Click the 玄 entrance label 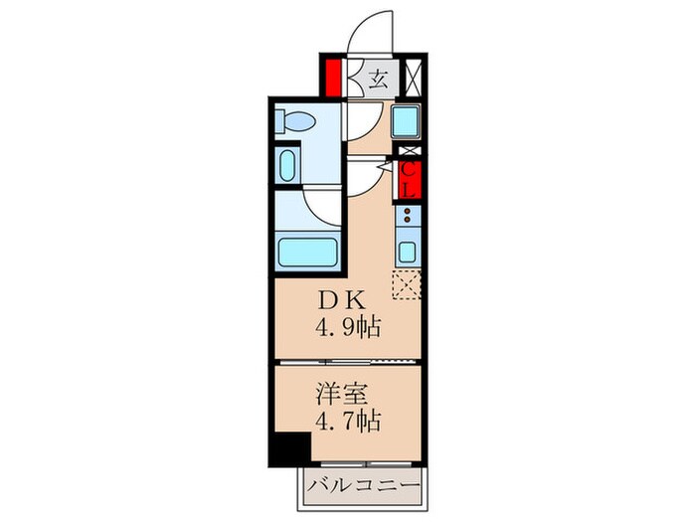378,81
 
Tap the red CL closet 409,180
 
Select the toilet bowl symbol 295,120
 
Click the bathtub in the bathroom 307,253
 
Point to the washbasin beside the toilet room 287,165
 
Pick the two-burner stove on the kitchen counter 407,216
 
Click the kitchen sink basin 407,253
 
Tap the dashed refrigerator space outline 407,284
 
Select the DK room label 341,301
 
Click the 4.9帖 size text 348,328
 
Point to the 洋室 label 342,394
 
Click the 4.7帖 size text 348,422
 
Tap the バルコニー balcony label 364,485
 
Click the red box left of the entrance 333,78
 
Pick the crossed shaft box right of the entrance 414,78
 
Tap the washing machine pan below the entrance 406,120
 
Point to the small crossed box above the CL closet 410,151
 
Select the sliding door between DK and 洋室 348,362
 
